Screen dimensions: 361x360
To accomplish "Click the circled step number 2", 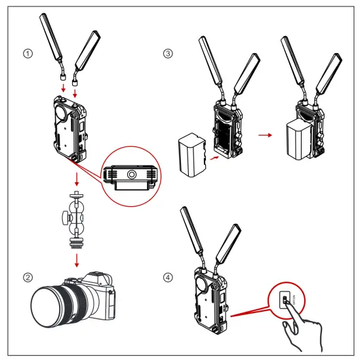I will tap(27, 276).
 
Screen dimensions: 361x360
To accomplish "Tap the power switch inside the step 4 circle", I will tap(283, 301).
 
